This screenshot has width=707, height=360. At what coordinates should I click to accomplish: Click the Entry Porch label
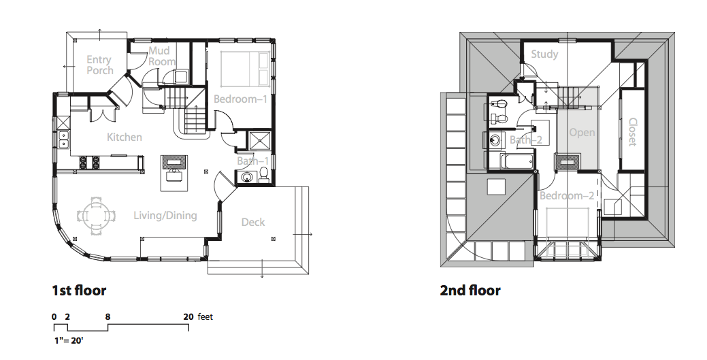click(x=99, y=65)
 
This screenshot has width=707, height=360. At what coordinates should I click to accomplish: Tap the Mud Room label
click(x=162, y=56)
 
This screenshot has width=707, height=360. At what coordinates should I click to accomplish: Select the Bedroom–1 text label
click(x=240, y=99)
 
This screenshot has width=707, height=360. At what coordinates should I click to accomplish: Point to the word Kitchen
click(x=125, y=137)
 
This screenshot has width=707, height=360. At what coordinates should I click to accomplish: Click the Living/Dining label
click(x=165, y=215)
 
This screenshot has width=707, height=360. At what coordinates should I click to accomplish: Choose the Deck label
click(x=253, y=222)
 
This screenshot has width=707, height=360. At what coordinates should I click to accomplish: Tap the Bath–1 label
click(x=253, y=161)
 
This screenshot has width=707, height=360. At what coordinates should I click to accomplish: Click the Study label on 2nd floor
click(x=544, y=54)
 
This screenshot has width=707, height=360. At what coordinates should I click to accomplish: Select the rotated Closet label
click(x=632, y=132)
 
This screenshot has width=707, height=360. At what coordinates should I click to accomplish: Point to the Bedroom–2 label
click(x=567, y=195)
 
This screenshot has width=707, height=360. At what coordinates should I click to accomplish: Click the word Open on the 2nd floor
click(x=582, y=133)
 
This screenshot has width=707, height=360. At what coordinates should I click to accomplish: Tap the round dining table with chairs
click(x=96, y=216)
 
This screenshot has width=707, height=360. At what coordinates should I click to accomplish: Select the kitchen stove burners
click(x=89, y=163)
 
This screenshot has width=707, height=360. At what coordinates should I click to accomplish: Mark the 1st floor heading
click(x=79, y=290)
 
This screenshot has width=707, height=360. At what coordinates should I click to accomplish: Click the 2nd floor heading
click(x=470, y=290)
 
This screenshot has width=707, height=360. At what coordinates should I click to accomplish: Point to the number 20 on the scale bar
click(x=188, y=316)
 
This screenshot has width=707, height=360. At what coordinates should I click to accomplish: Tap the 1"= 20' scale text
click(x=69, y=340)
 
